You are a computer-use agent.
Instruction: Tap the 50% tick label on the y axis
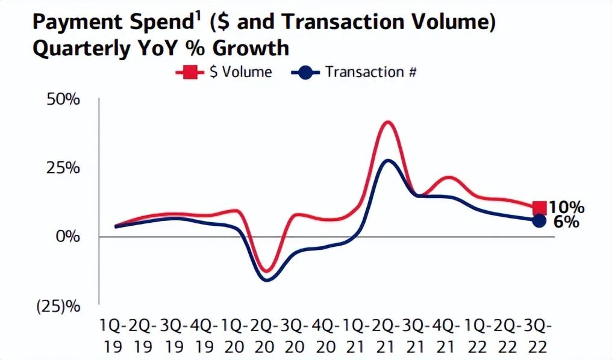(63, 99)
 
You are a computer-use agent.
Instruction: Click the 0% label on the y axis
(67, 237)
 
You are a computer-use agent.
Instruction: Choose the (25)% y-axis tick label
(58, 306)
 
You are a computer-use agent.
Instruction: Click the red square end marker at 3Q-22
(540, 208)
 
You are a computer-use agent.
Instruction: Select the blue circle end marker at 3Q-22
(540, 221)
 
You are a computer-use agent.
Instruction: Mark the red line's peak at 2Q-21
(388, 122)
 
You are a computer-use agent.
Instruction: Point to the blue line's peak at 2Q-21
(388, 160)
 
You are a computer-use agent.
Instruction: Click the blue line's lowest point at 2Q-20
(266, 280)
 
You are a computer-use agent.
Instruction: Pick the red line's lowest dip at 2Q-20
(266, 270)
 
